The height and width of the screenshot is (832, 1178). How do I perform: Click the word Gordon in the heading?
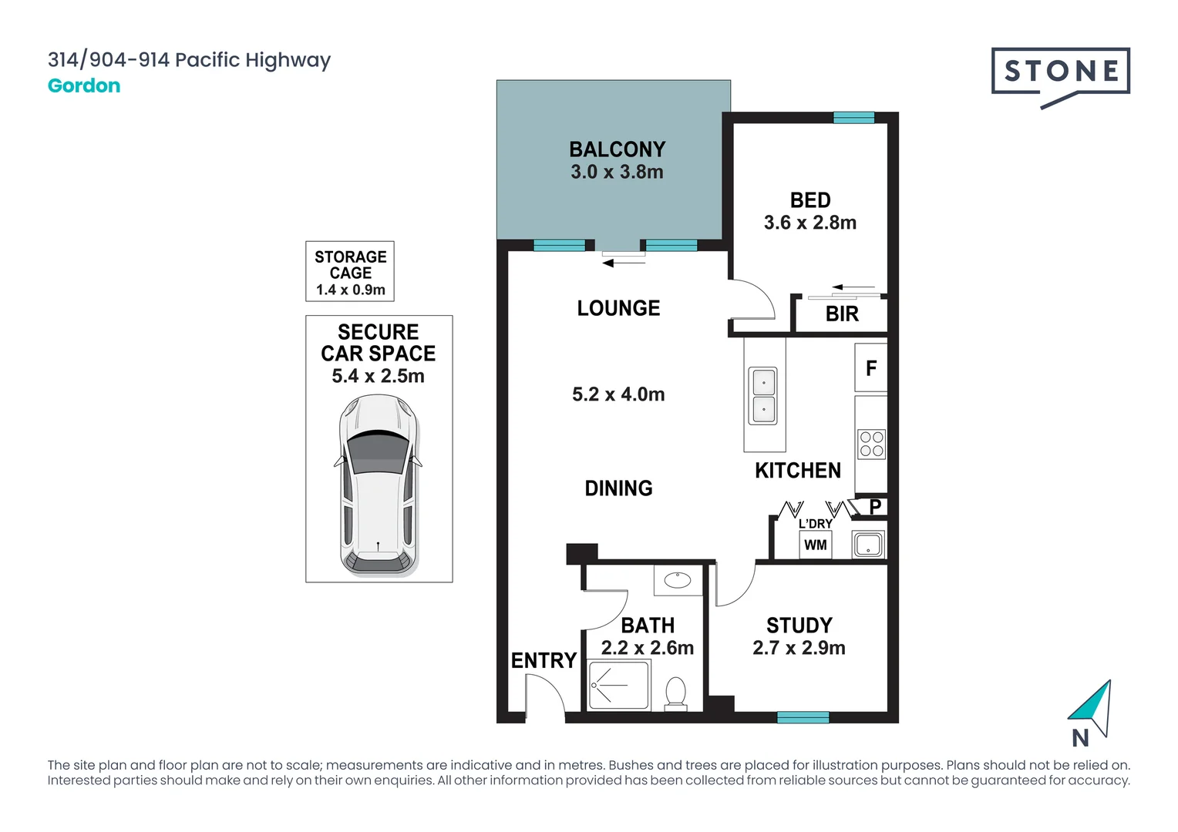click(x=84, y=86)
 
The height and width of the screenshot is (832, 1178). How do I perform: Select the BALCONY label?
click(x=618, y=149)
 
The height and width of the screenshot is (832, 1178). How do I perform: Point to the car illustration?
click(x=378, y=485)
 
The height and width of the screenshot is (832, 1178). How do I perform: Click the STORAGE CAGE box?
click(x=350, y=271)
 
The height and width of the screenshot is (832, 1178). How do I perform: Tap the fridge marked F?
click(x=871, y=367)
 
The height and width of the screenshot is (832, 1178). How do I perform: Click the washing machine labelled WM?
click(x=815, y=545)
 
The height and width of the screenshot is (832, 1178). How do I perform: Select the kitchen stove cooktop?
click(x=871, y=445)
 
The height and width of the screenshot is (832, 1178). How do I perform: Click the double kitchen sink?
click(x=762, y=395)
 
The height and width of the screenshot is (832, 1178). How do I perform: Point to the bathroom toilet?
click(x=676, y=693)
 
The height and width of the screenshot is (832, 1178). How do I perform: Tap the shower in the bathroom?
click(x=619, y=686)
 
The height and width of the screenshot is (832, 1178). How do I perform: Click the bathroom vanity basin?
click(x=678, y=580)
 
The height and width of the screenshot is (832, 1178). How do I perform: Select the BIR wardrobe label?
click(x=842, y=314)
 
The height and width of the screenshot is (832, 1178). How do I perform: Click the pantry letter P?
click(x=875, y=507)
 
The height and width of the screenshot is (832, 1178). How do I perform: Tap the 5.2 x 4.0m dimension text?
click(x=618, y=394)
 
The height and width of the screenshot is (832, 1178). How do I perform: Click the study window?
click(x=803, y=717)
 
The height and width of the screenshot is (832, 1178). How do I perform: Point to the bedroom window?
click(x=854, y=117)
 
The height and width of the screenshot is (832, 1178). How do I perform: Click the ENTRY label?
click(x=544, y=661)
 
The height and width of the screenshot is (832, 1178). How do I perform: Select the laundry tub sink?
click(x=868, y=545)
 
